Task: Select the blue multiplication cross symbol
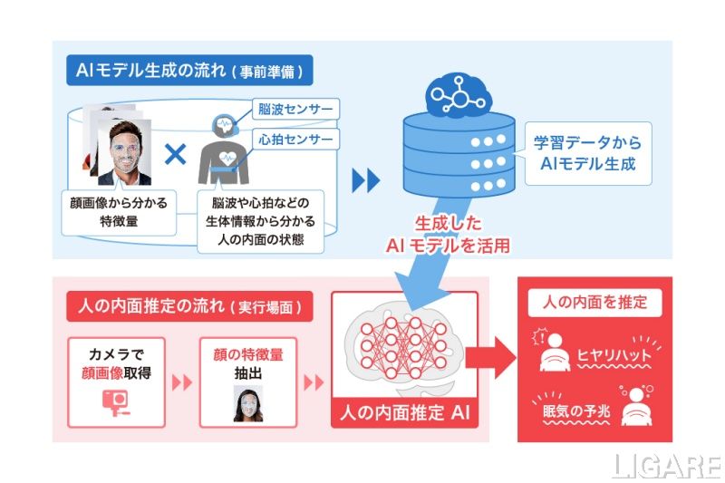point(175,153)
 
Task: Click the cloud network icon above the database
point(458,92)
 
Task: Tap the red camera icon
point(115,400)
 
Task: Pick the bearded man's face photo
point(127,154)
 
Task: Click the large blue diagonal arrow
point(435,272)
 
